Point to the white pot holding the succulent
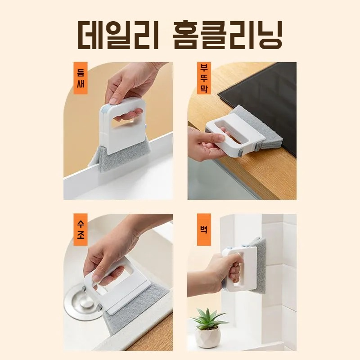click(208, 337)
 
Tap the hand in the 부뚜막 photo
click(205, 144)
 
